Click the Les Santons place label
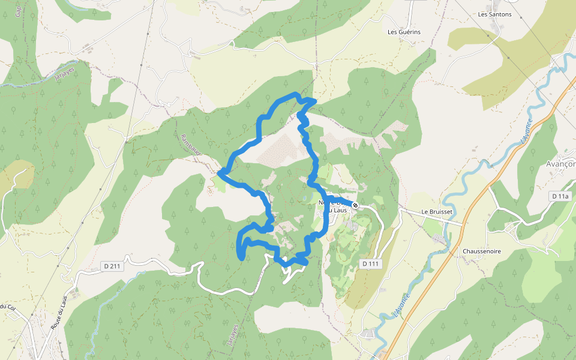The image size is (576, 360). pos(495,14)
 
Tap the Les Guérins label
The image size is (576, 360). pos(404,32)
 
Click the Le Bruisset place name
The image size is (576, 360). pos(436,212)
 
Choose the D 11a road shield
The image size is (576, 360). pos(560,196)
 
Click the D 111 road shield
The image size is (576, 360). pos(371,264)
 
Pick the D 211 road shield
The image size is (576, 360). pos(112,266)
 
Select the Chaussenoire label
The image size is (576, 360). pos(481,251)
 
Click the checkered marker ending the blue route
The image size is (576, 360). pos(355,205)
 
